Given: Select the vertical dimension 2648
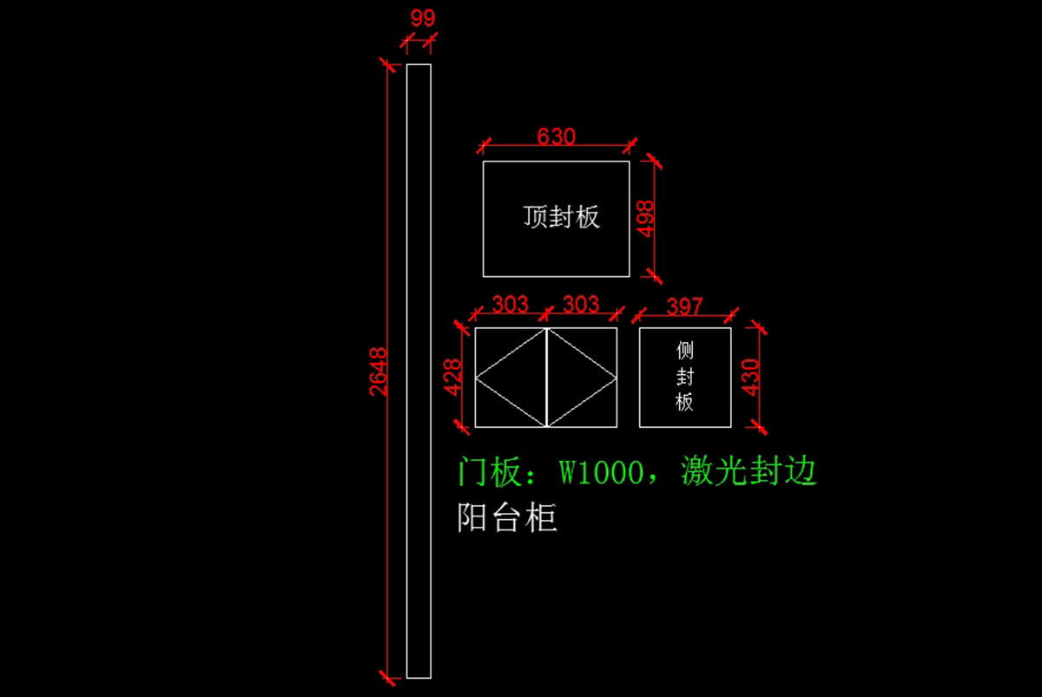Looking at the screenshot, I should pos(379,371).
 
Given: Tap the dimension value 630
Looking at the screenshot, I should pos(557,136).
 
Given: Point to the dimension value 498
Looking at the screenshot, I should pos(646,218).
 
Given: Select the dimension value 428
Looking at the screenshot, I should pos(452,377).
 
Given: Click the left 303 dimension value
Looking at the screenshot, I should pos(510,304).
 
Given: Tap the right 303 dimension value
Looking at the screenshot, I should pos(581,304).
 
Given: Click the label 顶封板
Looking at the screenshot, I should pos(561,216).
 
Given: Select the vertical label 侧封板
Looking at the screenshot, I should pos(685,377).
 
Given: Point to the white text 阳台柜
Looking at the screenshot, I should pos(507,518).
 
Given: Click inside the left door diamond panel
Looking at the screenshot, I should pos(511,378).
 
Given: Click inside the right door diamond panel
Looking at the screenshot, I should pos(582,378).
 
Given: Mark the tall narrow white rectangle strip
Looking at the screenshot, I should pos(419,371).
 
